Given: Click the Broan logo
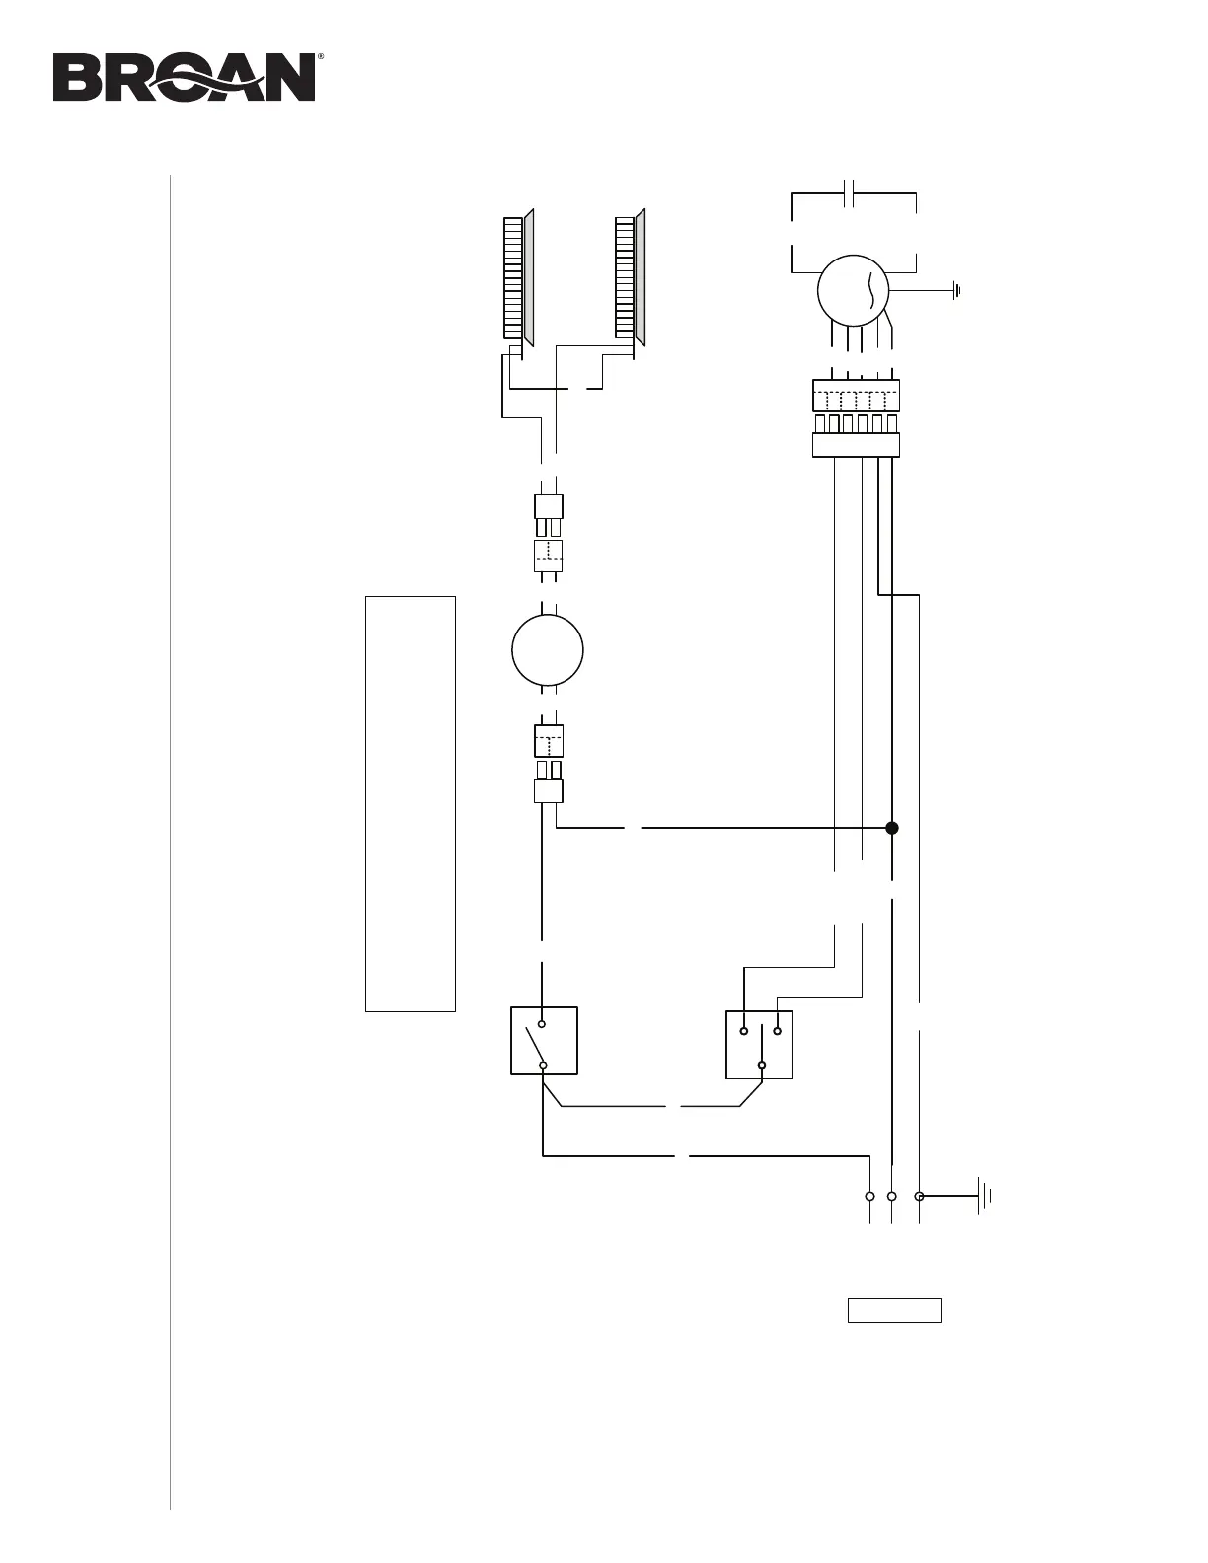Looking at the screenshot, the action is [185, 77].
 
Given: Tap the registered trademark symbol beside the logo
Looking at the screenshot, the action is [320, 56].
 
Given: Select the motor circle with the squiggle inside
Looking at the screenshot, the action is [854, 290].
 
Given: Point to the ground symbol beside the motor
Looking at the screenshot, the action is [957, 290].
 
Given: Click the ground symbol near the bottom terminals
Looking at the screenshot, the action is [984, 1196].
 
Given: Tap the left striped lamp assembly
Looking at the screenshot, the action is [518, 277].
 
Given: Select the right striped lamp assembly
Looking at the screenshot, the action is [631, 277].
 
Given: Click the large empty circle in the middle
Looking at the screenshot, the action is [548, 650].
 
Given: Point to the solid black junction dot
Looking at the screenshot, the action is [892, 828].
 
